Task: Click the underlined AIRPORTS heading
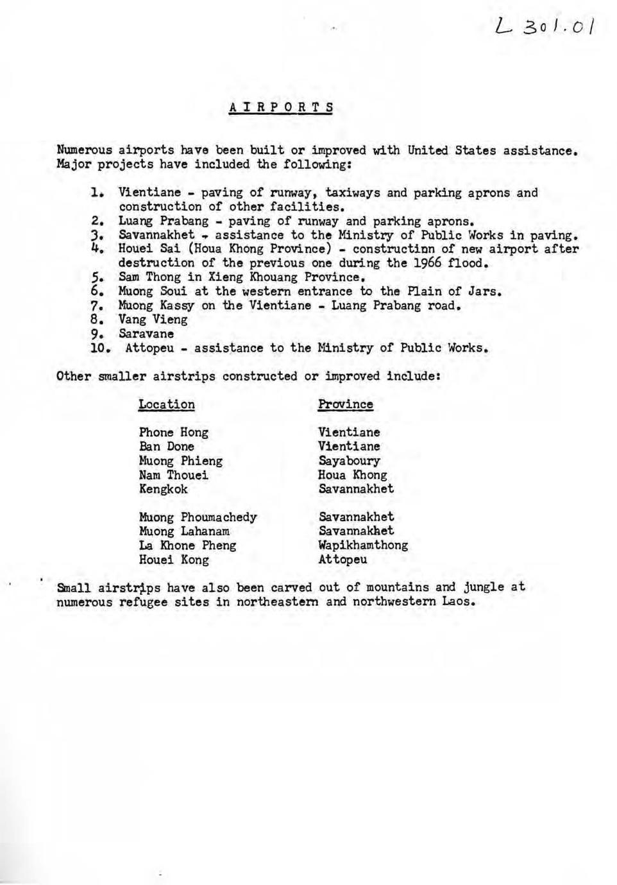(281, 107)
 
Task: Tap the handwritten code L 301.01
(546, 26)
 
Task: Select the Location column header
(166, 404)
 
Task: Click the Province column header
(345, 404)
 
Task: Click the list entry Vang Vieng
(153, 320)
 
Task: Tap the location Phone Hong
(173, 433)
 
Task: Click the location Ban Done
(166, 447)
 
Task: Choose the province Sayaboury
(349, 461)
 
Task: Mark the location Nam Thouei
(173, 475)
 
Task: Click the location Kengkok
(163, 489)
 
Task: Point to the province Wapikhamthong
(363, 546)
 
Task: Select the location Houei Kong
(173, 560)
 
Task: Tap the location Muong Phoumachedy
(198, 517)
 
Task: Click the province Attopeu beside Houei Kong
(342, 560)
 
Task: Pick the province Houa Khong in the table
(352, 475)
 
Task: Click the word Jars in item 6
(483, 291)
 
